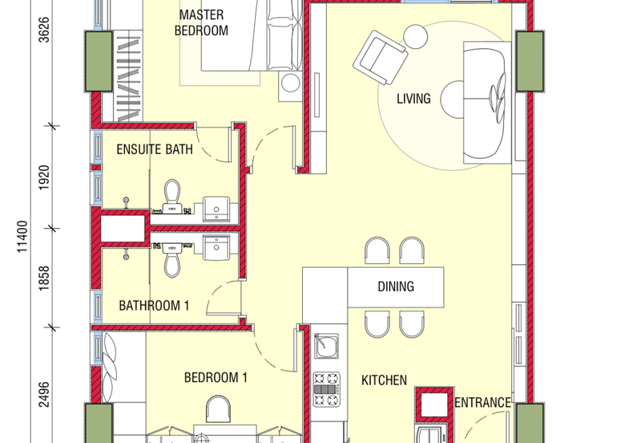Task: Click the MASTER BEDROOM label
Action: click(203, 23)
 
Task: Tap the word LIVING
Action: click(413, 100)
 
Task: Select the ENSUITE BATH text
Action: click(154, 149)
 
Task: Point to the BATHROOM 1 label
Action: click(154, 305)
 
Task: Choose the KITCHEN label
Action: click(384, 380)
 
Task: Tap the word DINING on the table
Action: click(395, 287)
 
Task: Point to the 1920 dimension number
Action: click(44, 176)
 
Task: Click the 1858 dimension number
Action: click(44, 278)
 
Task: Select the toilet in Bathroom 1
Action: click(171, 258)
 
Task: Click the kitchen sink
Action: click(325, 347)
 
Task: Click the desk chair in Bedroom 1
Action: click(220, 409)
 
